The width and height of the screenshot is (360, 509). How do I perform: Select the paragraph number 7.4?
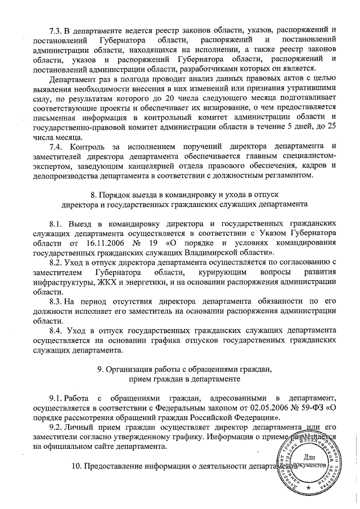pyautogui.click(x=56, y=147)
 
